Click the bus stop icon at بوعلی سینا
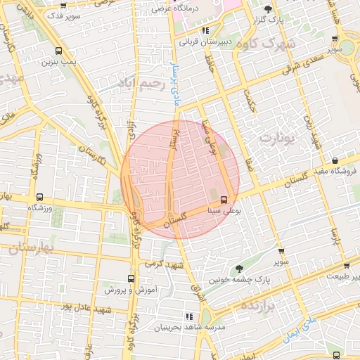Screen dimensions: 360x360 (224, 200)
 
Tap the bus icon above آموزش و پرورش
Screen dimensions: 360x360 (131, 278)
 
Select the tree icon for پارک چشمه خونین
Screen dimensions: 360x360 (240, 269)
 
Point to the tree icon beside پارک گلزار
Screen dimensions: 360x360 (269, 9)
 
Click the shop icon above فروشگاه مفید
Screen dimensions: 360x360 (335, 161)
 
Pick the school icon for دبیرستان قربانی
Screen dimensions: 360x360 (205, 31)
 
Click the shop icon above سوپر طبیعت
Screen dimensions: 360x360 (347, 265)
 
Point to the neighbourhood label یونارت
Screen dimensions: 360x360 (275, 138)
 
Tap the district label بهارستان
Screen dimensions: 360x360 (27, 247)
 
